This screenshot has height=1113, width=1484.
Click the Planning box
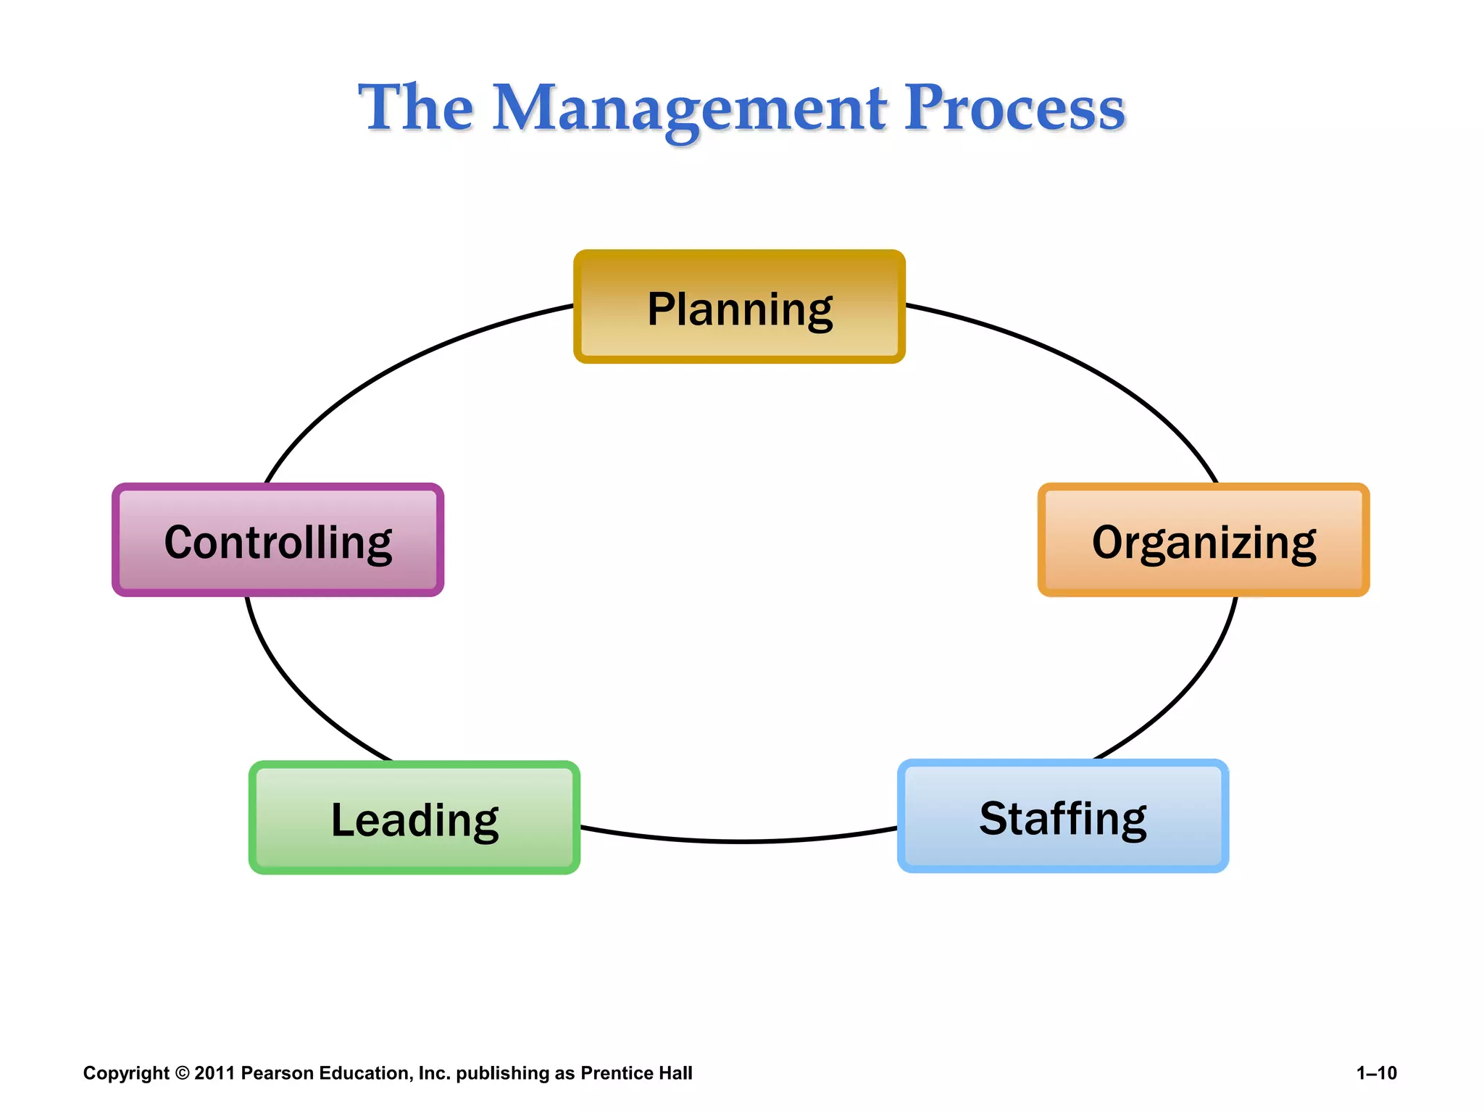pos(739,307)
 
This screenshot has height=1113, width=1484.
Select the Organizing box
pos(1204,540)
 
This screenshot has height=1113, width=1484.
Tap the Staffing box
pos(1063,817)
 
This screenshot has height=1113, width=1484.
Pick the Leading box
pos(414,818)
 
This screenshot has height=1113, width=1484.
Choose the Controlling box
pos(278,540)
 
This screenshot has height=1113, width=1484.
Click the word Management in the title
pos(689,109)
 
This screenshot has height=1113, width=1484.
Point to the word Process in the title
pos(1014,109)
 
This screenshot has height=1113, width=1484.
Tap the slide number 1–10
pos(1376,1073)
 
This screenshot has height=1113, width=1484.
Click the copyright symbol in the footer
pos(182,1073)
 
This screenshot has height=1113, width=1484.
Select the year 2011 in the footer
pos(214,1073)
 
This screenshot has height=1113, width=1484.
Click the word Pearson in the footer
pos(277,1073)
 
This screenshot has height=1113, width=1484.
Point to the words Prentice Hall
pos(636,1073)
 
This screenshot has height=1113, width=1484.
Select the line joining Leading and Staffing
pos(739,841)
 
